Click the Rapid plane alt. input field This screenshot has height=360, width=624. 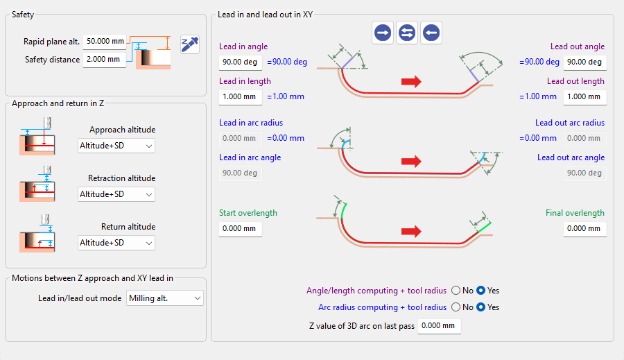pyautogui.click(x=105, y=42)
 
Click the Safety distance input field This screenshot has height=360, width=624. pyautogui.click(x=105, y=60)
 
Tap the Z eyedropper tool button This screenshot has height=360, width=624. pyautogui.click(x=190, y=44)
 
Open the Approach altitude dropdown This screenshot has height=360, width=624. pyautogui.click(x=116, y=146)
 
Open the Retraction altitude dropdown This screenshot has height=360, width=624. pyautogui.click(x=116, y=194)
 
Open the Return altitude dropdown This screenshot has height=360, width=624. pyautogui.click(x=116, y=243)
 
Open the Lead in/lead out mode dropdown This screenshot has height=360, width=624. pyautogui.click(x=165, y=298)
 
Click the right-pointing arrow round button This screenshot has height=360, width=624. pyautogui.click(x=383, y=33)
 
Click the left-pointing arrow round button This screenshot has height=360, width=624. pyautogui.click(x=431, y=33)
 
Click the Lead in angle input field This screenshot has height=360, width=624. pyautogui.click(x=241, y=62)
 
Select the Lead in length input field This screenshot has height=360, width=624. pyautogui.click(x=241, y=97)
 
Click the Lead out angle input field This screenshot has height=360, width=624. pyautogui.click(x=585, y=62)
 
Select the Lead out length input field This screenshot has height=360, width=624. pyautogui.click(x=585, y=97)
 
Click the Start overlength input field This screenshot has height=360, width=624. pyautogui.click(x=241, y=229)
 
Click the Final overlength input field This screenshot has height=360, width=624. pyautogui.click(x=585, y=229)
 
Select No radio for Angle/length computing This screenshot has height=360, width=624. pyautogui.click(x=456, y=291)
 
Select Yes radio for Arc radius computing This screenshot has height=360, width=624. pyautogui.click(x=480, y=307)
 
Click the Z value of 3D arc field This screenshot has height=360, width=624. pyautogui.click(x=440, y=326)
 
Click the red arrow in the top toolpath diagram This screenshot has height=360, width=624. pyautogui.click(x=411, y=82)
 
